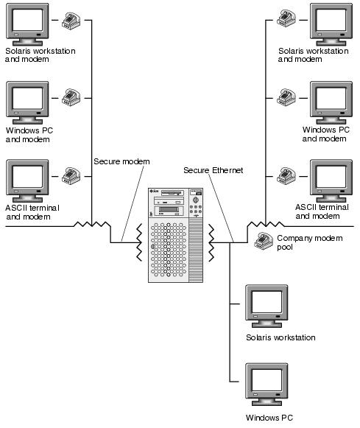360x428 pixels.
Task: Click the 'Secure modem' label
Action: (121, 161)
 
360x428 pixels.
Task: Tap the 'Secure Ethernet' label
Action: (213, 170)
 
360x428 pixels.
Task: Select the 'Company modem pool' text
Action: (309, 242)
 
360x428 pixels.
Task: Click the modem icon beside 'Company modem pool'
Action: (264, 241)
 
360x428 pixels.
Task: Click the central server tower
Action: (175, 235)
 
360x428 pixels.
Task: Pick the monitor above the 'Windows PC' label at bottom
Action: (267, 385)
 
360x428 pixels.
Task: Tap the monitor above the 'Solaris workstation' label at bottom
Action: (267, 306)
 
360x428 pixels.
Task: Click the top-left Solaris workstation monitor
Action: (27, 24)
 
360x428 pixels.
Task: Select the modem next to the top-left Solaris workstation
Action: (71, 20)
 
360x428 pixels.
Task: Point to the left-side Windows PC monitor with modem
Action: (27, 102)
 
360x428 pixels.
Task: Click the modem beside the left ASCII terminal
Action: (71, 176)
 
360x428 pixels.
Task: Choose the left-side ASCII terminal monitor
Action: (27, 181)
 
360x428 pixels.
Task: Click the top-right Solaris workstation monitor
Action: (331, 24)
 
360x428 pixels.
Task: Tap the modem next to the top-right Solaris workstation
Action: (286, 18)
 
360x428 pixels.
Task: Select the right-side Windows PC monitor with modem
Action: (331, 102)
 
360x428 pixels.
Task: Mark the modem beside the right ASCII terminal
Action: (286, 175)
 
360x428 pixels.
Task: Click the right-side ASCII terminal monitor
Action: (331, 181)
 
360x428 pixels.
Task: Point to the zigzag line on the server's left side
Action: (139, 242)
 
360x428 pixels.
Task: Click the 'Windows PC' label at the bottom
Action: (269, 418)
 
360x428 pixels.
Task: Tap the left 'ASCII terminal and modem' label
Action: (32, 212)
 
